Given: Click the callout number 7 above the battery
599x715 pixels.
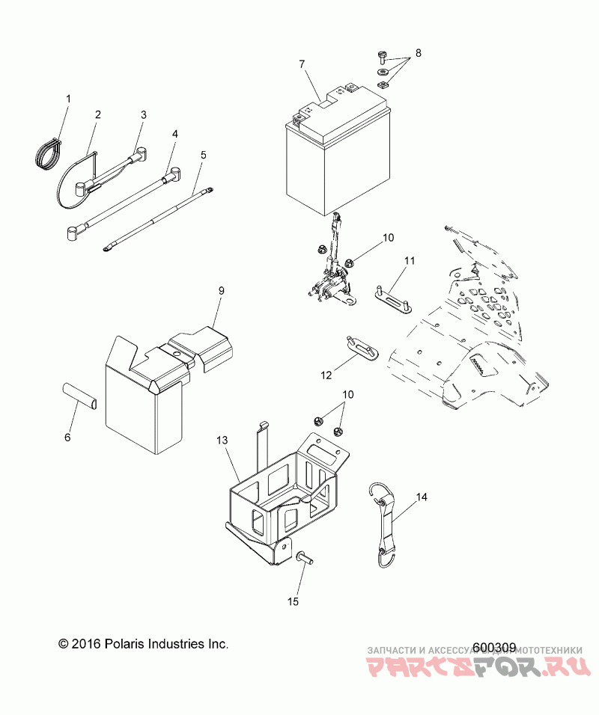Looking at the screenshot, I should pos(302,64).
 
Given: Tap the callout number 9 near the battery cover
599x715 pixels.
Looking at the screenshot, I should pos(222,289).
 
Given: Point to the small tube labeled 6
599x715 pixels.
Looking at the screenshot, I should pos(79,394).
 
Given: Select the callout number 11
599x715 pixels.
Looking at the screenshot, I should pos(410,261).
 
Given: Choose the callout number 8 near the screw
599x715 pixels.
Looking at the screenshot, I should pos(419,53).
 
